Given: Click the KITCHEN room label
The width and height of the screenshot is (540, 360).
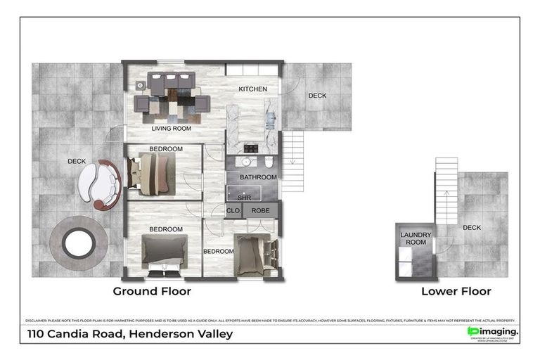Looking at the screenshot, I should pos(252,89).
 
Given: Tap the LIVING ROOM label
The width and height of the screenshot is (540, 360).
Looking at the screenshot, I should pos(172,129).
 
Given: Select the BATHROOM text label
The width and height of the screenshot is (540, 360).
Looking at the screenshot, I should pos(258,177).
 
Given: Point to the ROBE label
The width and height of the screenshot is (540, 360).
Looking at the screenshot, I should pos(260,210).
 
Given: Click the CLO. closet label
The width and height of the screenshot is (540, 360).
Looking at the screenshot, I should pos(233,210).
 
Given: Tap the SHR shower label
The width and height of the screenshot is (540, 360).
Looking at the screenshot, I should pos(244,198).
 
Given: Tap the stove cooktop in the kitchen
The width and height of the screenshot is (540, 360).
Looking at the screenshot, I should pos(251,148).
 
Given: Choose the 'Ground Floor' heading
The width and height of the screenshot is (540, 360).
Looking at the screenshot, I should pos(152,290).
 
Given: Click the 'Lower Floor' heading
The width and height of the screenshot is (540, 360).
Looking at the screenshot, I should pos(456,290).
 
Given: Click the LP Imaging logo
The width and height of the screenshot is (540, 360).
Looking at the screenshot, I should pos(492,331).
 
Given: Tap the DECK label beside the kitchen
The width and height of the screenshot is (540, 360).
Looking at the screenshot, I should pos(317,96).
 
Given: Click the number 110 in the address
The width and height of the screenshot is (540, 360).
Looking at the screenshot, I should pos(39,333).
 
